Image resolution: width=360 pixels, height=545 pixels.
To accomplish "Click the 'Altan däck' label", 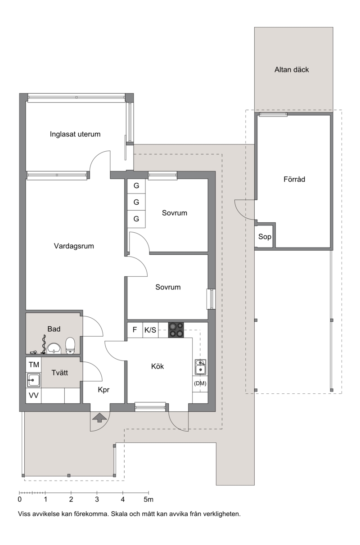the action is (292, 70).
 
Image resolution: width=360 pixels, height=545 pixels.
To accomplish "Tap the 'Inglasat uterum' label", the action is (75, 134).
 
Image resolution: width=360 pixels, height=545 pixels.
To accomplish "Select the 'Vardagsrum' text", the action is (74, 246).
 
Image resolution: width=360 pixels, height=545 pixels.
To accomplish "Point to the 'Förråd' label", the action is (294, 179).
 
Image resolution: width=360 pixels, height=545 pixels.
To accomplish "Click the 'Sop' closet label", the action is (265, 237).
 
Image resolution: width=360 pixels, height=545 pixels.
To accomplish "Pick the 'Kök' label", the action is (157, 366).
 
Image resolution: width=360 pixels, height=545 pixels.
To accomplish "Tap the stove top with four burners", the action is (176, 330).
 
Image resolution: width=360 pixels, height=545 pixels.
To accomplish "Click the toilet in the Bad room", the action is (70, 345).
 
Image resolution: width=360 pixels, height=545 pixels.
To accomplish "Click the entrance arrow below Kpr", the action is (100, 418).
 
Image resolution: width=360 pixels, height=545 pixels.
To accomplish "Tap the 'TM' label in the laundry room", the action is (34, 365).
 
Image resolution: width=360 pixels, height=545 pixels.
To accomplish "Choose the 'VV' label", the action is (34, 396).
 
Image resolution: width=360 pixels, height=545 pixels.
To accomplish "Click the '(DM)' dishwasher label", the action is (200, 383).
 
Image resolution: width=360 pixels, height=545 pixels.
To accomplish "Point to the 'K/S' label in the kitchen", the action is (151, 330).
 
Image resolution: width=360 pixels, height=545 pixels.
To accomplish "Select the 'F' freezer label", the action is (135, 330).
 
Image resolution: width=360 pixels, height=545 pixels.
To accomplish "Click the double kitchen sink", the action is (200, 367).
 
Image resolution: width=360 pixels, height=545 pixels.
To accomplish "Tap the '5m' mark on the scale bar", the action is (148, 500).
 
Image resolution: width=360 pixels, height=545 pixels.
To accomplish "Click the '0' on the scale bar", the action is (20, 500).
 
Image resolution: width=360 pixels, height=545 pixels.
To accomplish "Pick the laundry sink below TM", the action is (33, 380).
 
